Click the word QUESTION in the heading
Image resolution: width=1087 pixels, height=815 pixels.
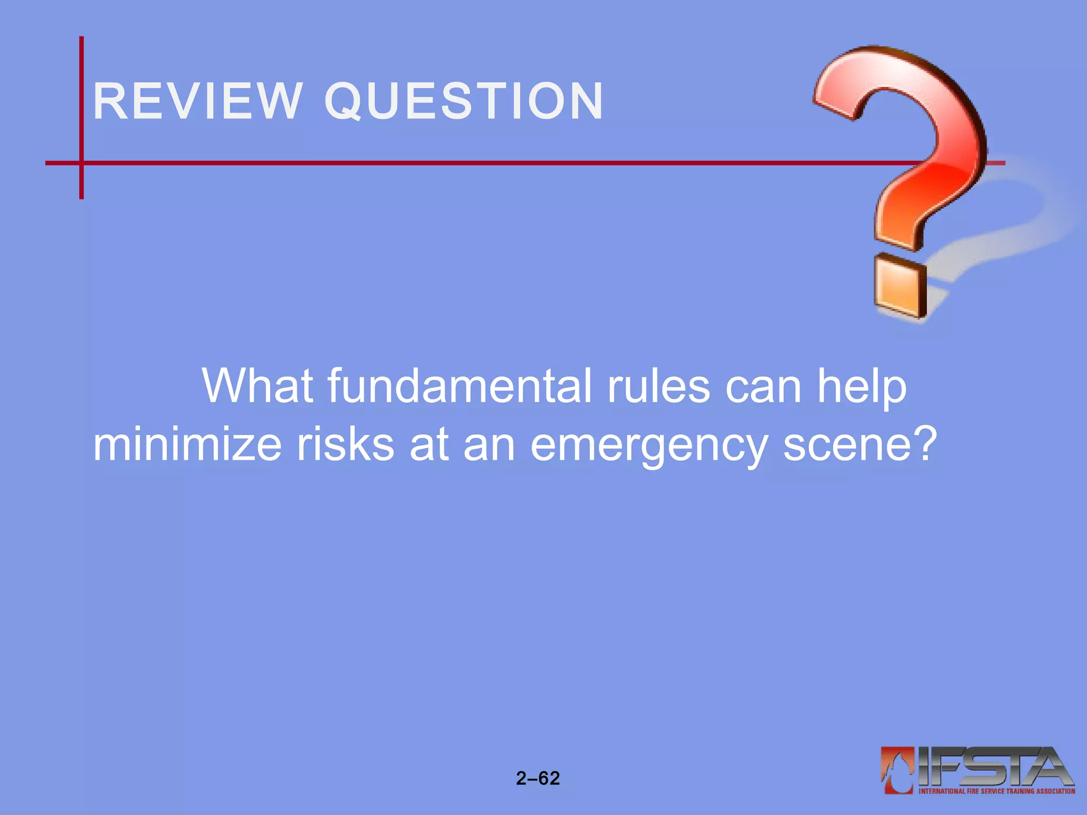click(x=464, y=101)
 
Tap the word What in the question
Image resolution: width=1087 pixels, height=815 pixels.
click(x=257, y=386)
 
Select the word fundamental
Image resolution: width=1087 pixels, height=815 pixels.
click(x=459, y=386)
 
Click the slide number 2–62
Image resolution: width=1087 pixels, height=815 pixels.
click(x=538, y=778)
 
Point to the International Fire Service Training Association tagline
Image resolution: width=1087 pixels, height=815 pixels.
click(x=997, y=791)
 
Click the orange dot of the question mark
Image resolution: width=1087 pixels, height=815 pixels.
click(x=900, y=287)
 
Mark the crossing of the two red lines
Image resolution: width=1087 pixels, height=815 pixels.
click(x=81, y=163)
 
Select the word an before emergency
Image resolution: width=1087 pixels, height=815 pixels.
click(x=489, y=446)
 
